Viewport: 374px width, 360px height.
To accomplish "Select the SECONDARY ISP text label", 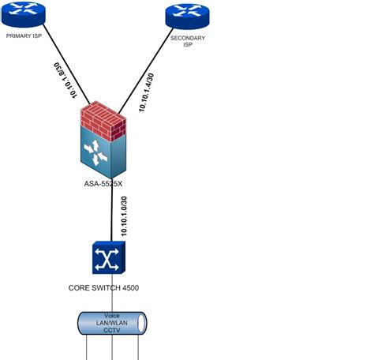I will coord(187,41).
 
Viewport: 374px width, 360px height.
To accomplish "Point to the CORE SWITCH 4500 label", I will coord(103,288).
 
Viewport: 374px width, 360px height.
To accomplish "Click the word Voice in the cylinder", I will coord(112,315).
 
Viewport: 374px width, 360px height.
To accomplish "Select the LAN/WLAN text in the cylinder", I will coord(112,323).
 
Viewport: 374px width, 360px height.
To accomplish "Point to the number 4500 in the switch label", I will coord(129,288).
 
